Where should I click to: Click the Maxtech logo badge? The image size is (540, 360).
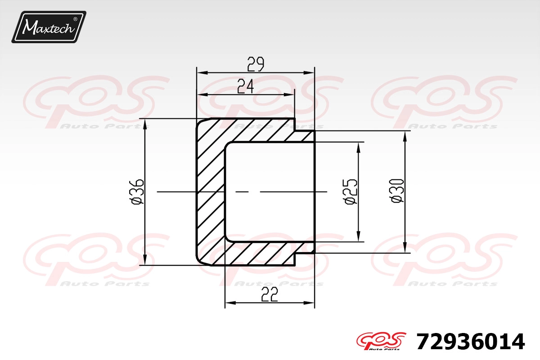(49, 27)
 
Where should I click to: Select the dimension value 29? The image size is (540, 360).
(256, 64)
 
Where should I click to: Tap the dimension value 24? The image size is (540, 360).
(245, 86)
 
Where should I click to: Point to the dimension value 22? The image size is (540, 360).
(270, 294)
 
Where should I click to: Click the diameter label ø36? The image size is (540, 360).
(137, 192)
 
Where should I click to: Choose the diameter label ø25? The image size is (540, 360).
(351, 192)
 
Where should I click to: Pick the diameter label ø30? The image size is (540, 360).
(397, 191)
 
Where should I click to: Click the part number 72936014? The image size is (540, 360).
(470, 342)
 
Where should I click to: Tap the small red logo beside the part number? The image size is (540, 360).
(381, 341)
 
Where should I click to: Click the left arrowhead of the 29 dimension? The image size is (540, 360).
(202, 72)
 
